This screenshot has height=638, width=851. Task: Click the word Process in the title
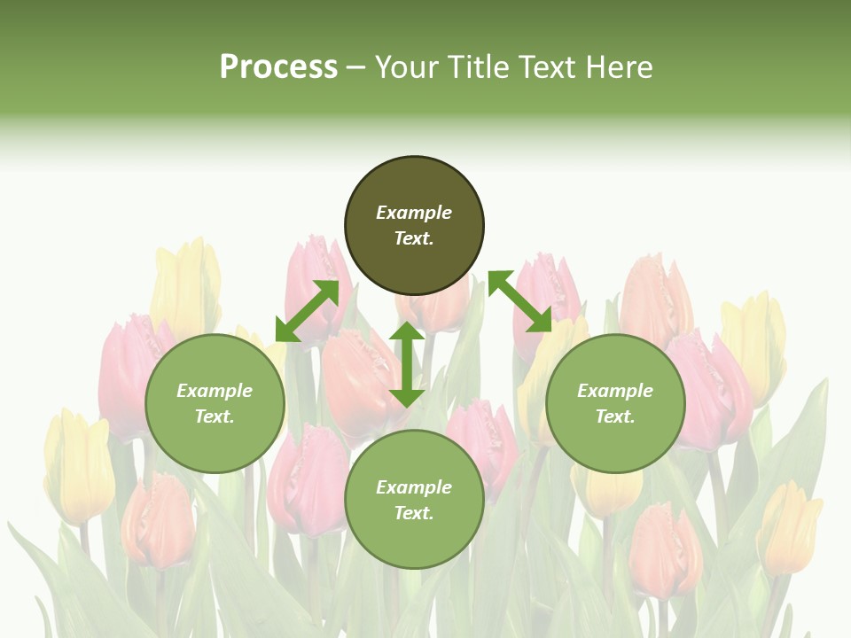click(278, 67)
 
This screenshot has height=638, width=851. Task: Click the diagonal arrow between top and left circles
click(308, 311)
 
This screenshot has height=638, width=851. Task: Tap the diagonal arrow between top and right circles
click(519, 302)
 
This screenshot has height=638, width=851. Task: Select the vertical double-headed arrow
click(407, 364)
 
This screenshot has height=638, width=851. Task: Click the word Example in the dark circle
click(414, 213)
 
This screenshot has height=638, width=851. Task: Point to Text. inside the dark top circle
click(414, 238)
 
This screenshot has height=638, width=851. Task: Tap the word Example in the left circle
click(215, 391)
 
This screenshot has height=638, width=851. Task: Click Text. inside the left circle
click(215, 416)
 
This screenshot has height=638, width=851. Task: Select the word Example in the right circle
click(615, 391)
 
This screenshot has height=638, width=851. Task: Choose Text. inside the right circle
click(615, 416)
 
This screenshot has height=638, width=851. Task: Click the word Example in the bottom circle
click(414, 487)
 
